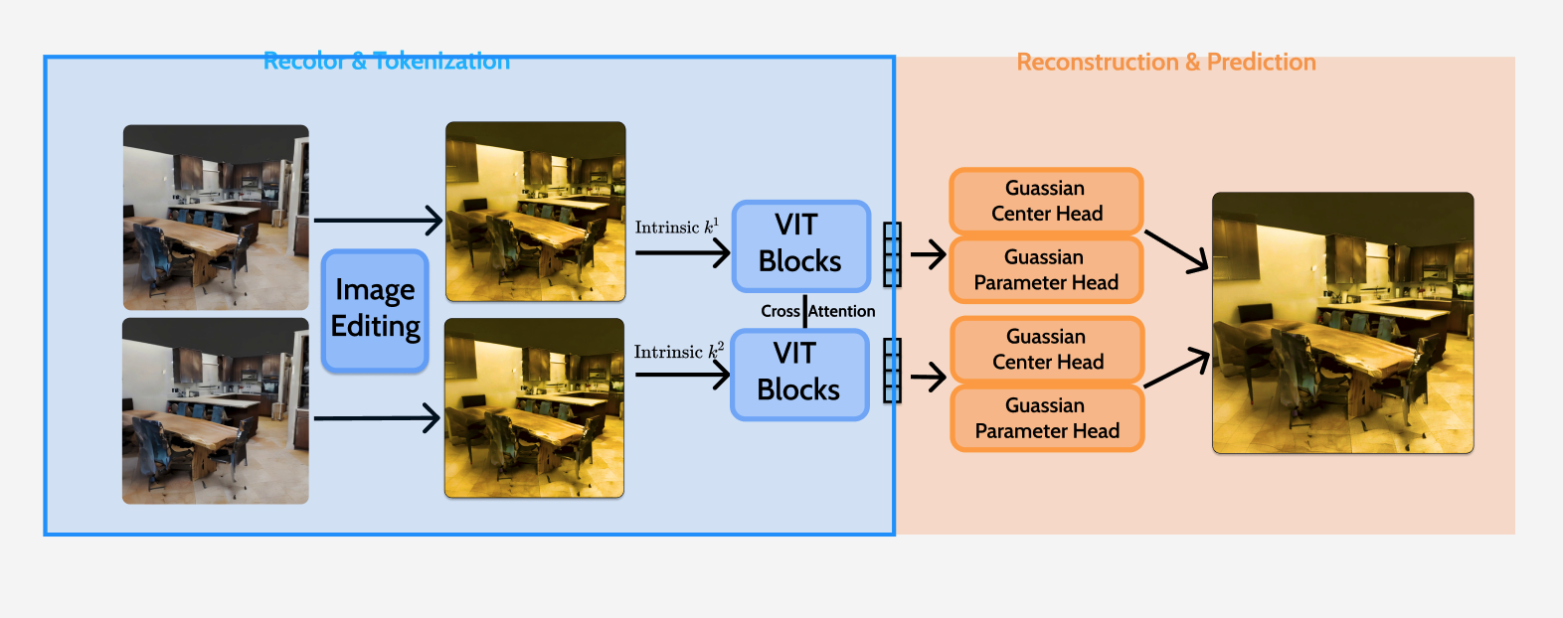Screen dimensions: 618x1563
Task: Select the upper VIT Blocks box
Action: (800, 245)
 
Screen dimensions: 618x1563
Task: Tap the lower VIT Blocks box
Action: (799, 374)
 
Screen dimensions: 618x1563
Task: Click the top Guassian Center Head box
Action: (1046, 201)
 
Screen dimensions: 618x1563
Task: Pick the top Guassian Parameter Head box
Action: (1046, 270)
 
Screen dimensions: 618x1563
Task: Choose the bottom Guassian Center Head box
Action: (1047, 350)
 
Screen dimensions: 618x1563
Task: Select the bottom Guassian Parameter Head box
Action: (1047, 418)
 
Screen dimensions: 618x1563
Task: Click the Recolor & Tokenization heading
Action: (387, 62)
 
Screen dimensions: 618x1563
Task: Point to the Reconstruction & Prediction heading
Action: (1165, 63)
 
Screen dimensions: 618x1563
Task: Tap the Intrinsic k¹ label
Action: (676, 228)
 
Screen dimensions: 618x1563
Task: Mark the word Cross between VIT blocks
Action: (781, 311)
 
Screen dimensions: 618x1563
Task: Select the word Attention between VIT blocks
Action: (842, 311)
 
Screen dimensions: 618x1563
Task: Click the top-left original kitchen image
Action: (216, 217)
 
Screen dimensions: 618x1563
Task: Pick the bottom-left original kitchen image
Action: (216, 410)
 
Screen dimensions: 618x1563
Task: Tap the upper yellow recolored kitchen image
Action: (535, 212)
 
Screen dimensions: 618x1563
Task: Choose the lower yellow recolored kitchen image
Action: (534, 407)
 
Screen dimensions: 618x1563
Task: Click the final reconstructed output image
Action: (1342, 323)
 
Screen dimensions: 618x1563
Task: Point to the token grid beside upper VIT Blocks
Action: (892, 254)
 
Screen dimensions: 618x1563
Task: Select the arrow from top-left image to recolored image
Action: (378, 221)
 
